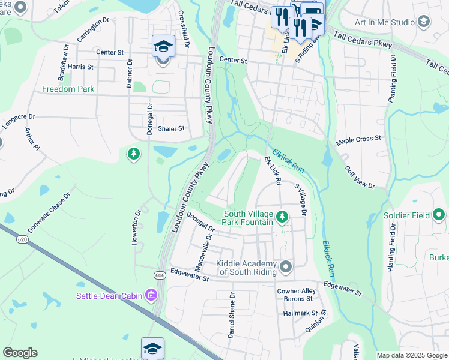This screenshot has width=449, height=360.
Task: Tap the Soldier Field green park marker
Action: pos(441,214)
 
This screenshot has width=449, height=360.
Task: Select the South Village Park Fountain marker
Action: pos(282,215)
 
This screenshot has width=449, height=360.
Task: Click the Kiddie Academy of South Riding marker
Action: pos(286,266)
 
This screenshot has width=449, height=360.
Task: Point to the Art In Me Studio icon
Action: pos(424,22)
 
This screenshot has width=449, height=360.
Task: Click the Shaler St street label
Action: pos(170,128)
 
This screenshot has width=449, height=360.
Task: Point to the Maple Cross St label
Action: pos(358,139)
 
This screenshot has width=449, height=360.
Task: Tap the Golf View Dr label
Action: pos(360,178)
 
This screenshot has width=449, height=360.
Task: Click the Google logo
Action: pos(20,353)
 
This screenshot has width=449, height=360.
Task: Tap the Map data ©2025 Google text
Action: pos(411,355)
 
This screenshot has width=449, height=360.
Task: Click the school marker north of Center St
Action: pos(163,47)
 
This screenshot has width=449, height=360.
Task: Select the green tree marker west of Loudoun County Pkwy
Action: pos(133,155)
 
